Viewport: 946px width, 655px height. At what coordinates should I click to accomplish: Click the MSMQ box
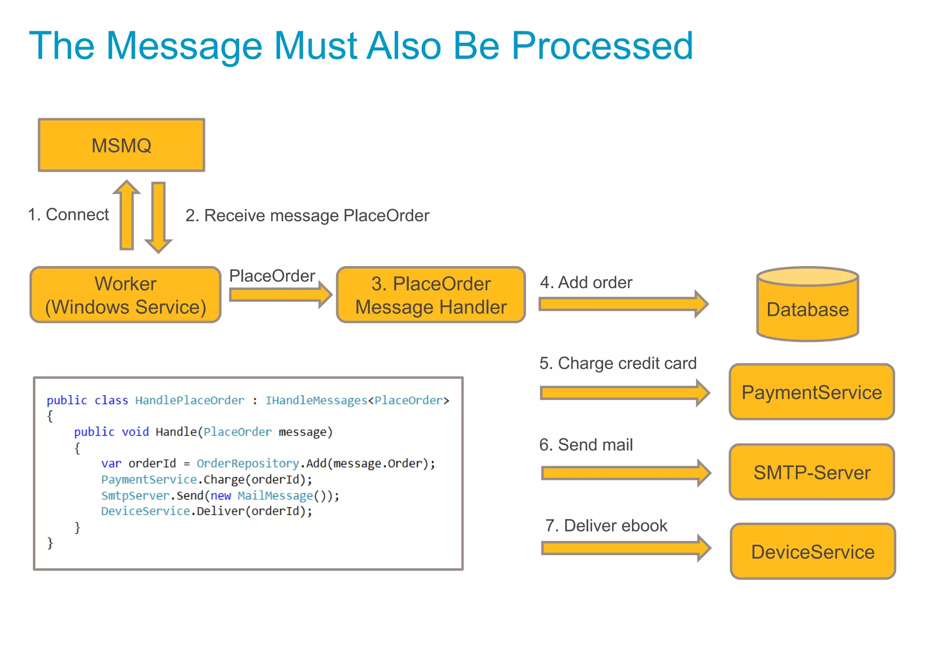coord(121,145)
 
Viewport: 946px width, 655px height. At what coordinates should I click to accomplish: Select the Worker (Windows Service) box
coord(125,295)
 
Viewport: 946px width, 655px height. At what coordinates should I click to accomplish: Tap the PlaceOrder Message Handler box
coord(431,295)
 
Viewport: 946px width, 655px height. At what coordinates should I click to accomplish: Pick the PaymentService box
coord(812,392)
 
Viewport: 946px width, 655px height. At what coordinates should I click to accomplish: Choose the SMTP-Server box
coord(812,472)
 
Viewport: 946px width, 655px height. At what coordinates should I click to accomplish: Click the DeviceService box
coord(813,552)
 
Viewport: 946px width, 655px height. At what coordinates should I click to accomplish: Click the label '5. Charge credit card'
coord(618,364)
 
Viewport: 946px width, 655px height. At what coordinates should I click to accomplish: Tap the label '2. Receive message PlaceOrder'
coord(307,216)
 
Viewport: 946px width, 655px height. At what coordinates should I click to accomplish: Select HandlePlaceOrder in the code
coord(189,400)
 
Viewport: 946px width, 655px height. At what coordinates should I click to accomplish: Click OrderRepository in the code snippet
coord(248,463)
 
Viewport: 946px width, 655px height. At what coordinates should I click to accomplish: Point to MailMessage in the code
coord(275,496)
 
